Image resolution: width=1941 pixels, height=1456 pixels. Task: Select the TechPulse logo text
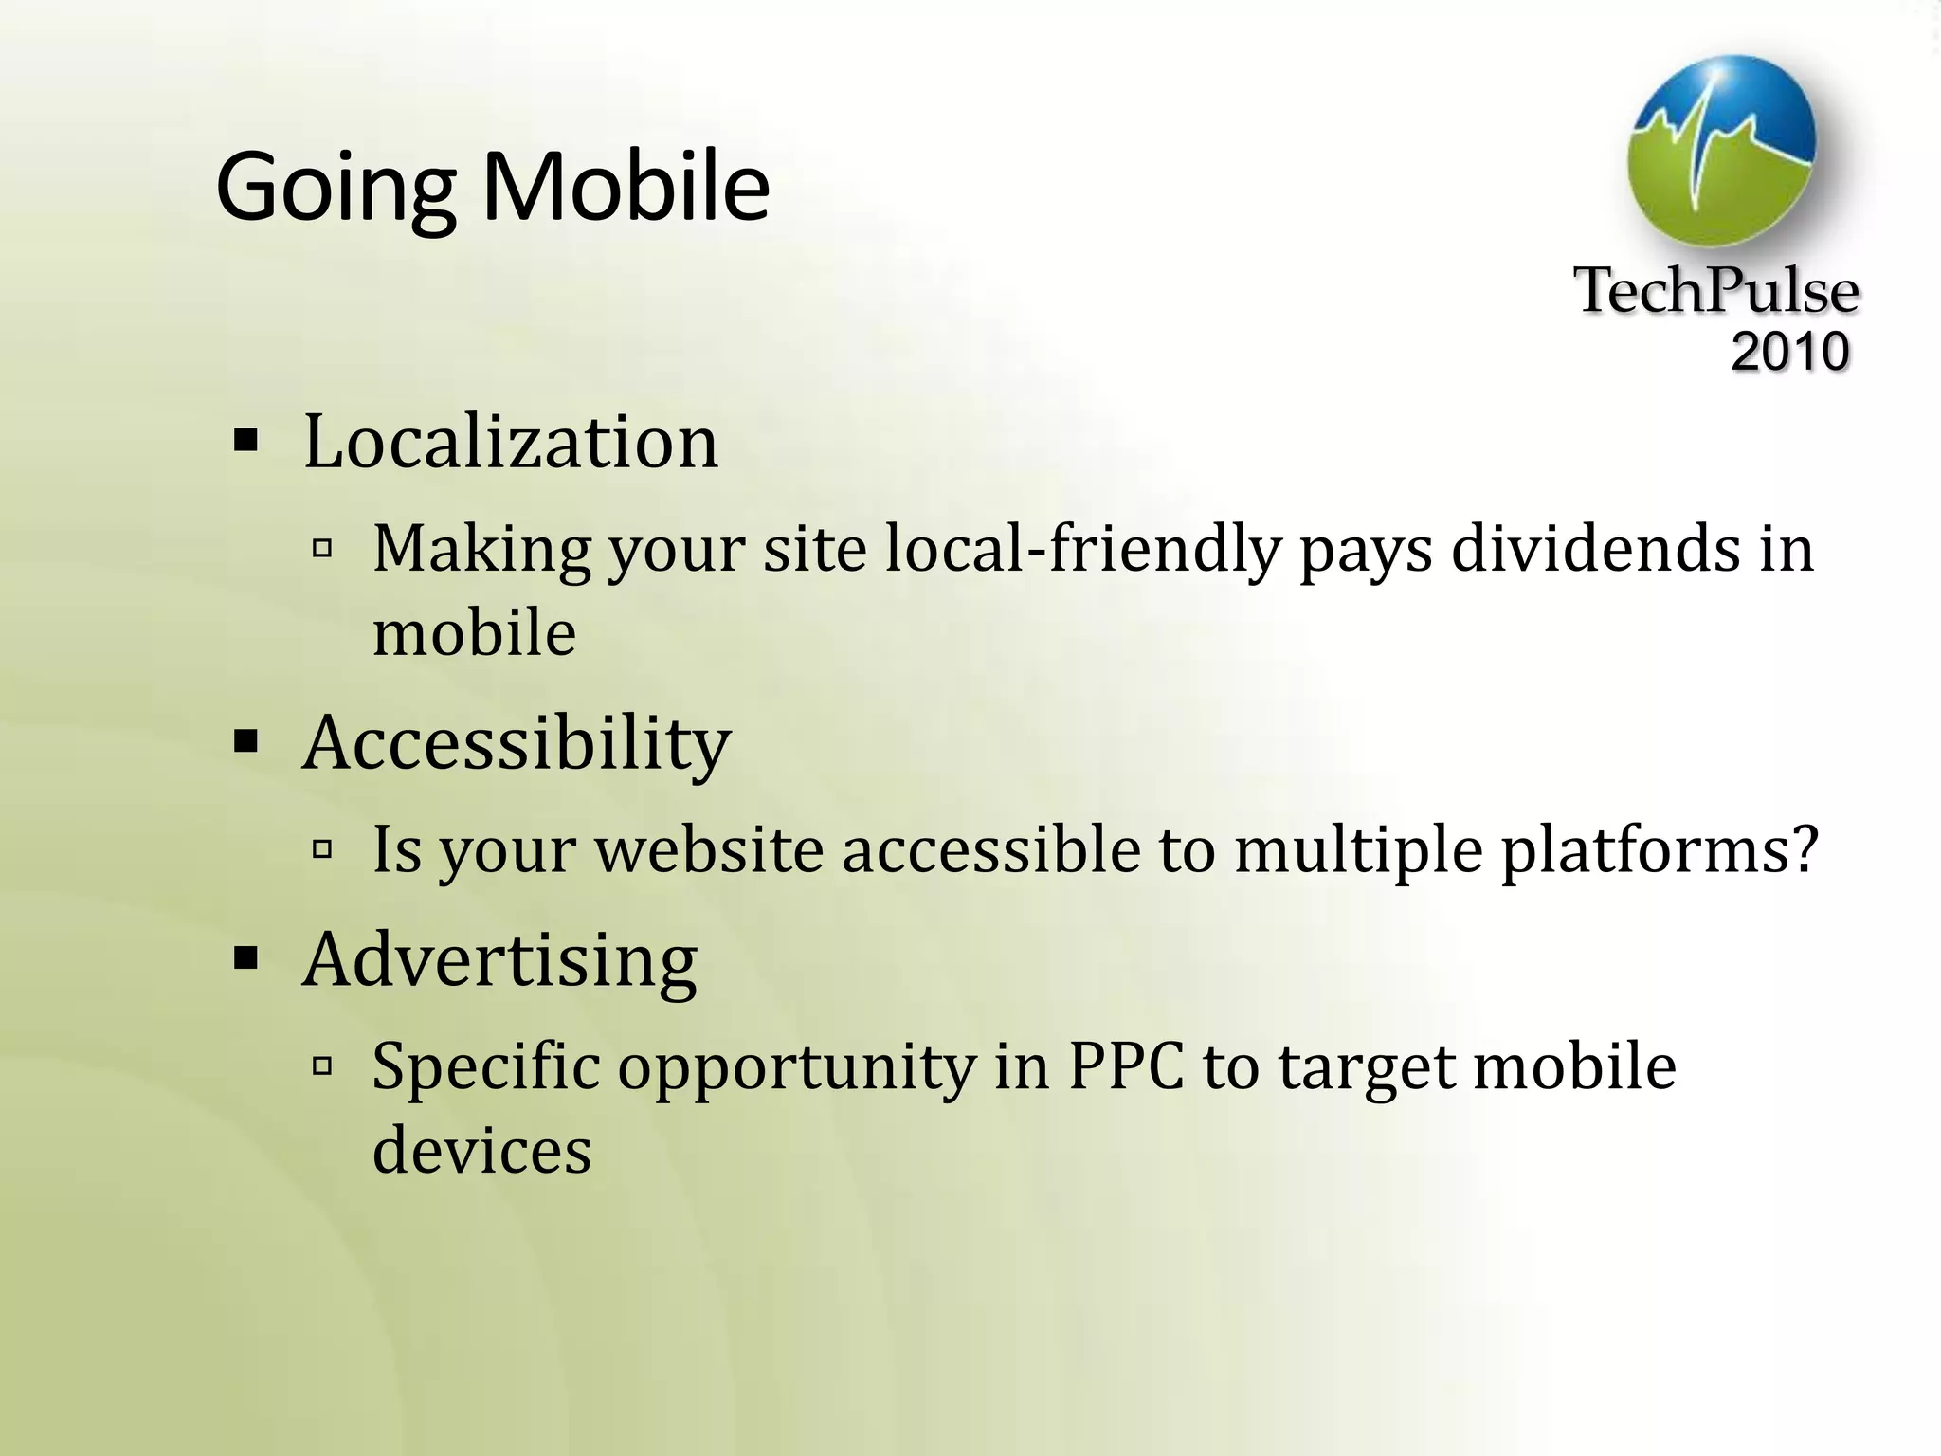click(1715, 290)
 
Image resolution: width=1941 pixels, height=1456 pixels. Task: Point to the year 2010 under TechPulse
click(1789, 352)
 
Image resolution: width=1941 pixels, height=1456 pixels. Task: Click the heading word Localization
click(511, 442)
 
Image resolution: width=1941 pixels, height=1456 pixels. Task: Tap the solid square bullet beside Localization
click(245, 442)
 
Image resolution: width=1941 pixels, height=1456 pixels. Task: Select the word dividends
click(1596, 550)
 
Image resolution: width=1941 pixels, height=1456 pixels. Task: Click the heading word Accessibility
click(517, 743)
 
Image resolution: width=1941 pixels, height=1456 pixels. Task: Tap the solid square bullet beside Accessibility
click(245, 743)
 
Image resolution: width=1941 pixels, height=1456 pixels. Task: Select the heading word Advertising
click(499, 960)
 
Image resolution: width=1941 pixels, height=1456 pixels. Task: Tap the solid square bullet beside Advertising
click(245, 960)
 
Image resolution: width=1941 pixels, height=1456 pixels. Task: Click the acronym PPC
click(1126, 1066)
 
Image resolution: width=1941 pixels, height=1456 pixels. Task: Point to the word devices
click(481, 1150)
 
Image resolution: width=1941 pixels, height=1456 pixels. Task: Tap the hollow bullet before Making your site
click(322, 548)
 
